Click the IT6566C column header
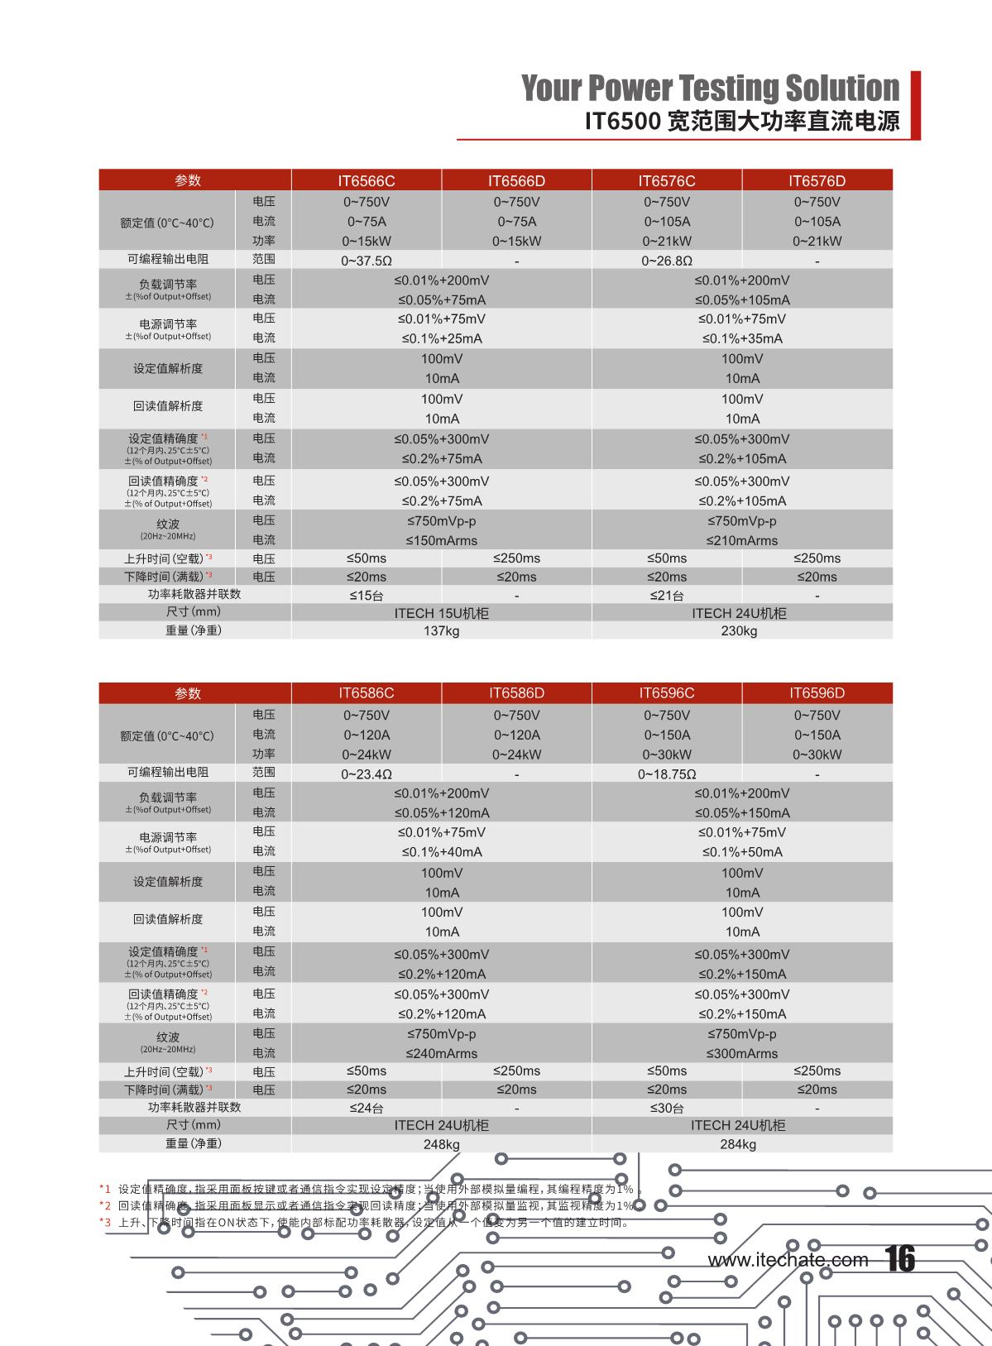click(366, 180)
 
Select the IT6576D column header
click(817, 180)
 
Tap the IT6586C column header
click(366, 693)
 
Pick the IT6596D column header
click(817, 693)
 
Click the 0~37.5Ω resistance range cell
click(366, 261)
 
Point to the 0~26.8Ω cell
click(666, 261)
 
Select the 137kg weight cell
click(441, 631)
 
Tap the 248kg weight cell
click(441, 1144)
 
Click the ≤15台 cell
click(366, 596)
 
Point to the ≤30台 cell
click(666, 1109)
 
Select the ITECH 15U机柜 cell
click(441, 613)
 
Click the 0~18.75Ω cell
click(666, 774)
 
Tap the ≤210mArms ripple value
click(741, 541)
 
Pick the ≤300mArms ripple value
click(741, 1054)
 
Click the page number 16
click(900, 1259)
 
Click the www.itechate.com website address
click(788, 1260)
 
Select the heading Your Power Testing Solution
click(710, 88)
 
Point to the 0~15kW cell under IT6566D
click(516, 242)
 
